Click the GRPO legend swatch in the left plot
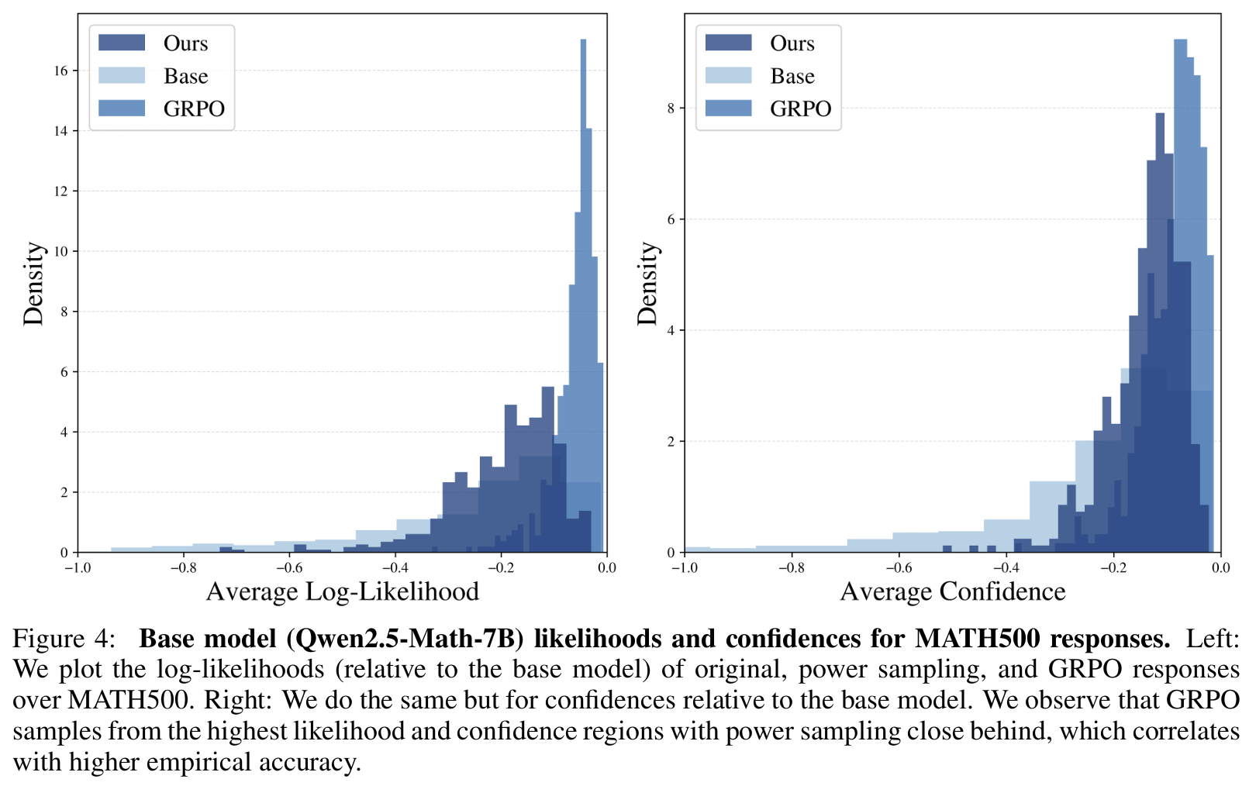122,109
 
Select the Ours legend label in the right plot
792,43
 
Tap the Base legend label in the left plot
185,76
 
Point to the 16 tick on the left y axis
60,71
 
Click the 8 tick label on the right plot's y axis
671,109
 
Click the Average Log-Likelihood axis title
342,592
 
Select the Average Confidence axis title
953,592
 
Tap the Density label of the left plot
33,284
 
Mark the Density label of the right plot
647,284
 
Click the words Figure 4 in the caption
64,639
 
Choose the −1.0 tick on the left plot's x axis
77,568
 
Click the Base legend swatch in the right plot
728,76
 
